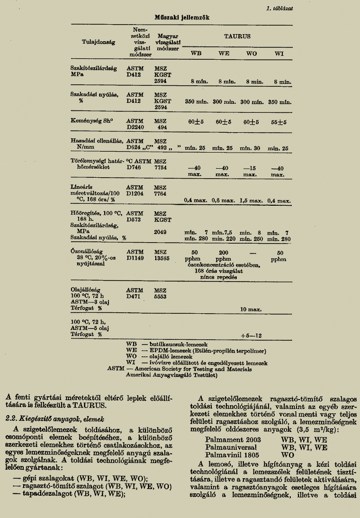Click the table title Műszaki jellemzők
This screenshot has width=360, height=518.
182,17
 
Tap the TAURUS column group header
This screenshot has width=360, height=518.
237,36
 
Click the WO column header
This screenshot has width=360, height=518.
252,53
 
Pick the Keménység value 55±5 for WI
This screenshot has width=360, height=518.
278,122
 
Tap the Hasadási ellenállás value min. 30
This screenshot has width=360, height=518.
251,148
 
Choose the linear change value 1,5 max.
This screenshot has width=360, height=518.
251,200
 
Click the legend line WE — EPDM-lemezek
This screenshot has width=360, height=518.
196,351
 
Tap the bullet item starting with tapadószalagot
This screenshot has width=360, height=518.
69,493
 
